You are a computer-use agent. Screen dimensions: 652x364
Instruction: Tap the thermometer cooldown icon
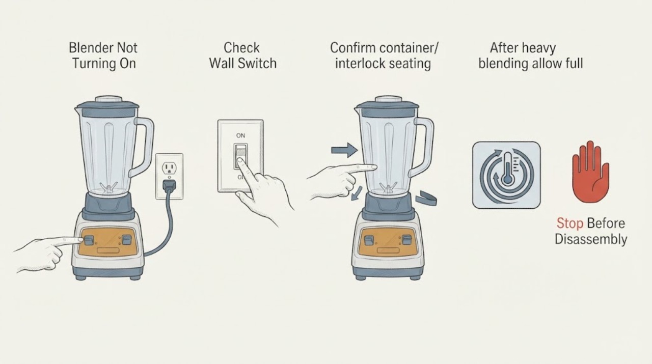(x=506, y=175)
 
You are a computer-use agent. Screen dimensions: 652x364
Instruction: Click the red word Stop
(x=569, y=223)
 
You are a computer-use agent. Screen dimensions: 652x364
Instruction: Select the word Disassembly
(x=590, y=239)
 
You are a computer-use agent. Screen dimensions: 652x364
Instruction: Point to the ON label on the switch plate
(x=240, y=135)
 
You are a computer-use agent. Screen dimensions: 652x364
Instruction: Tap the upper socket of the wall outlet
(x=169, y=168)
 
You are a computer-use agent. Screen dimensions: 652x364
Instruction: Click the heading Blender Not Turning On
(x=103, y=55)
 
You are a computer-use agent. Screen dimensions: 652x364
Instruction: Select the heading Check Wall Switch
(x=242, y=55)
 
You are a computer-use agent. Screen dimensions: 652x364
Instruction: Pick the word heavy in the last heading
(x=539, y=48)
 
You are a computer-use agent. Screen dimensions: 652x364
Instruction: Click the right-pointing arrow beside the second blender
(x=345, y=150)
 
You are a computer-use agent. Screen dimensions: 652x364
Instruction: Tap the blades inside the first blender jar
(x=108, y=187)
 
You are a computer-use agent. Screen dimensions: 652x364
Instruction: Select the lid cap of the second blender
(x=388, y=99)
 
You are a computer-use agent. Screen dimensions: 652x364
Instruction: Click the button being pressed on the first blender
(x=89, y=240)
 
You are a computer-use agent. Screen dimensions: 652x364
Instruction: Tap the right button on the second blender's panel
(x=406, y=239)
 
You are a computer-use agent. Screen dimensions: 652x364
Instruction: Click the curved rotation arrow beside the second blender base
(x=426, y=198)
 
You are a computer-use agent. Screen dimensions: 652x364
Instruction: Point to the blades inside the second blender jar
(x=388, y=188)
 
